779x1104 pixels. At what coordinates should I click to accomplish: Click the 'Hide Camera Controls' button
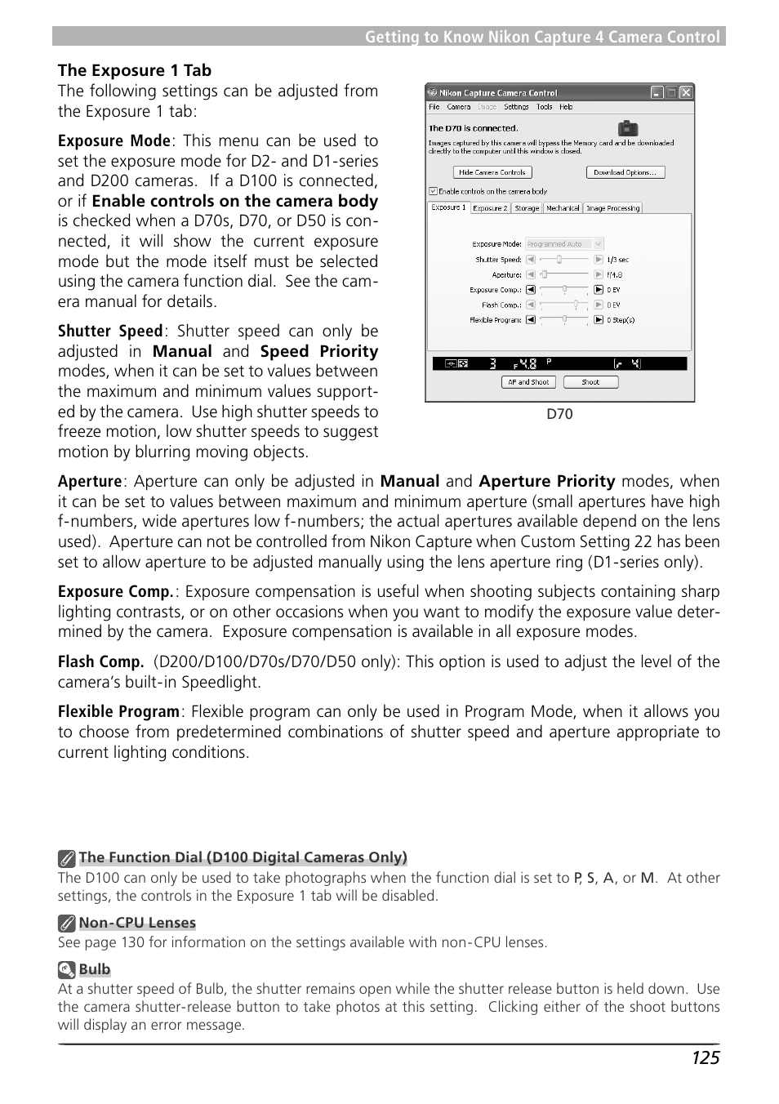coord(492,172)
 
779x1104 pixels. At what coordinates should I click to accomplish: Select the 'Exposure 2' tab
coord(490,208)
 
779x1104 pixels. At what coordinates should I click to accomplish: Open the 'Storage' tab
coord(527,208)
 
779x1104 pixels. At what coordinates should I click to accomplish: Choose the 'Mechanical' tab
coord(563,208)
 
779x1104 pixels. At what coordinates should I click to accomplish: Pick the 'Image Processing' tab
coord(612,208)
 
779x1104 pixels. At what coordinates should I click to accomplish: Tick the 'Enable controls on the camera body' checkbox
coord(434,191)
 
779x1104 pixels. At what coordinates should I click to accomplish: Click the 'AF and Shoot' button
coord(528,382)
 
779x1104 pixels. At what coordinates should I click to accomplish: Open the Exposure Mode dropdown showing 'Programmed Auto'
coord(564,244)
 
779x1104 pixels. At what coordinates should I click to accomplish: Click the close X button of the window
coord(686,93)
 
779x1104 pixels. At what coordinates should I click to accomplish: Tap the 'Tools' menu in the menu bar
coord(544,107)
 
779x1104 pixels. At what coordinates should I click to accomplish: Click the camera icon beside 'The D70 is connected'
coord(627,128)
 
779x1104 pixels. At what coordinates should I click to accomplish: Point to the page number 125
coord(706,1058)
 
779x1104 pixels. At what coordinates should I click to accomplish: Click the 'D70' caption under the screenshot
coord(559,414)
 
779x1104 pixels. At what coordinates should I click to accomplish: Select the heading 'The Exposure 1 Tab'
coord(135,71)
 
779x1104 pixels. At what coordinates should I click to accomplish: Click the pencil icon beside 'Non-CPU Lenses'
coord(67,924)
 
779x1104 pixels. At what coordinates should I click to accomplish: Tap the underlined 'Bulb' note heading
coord(95,969)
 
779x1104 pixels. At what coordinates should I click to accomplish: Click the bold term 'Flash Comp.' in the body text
coord(100,662)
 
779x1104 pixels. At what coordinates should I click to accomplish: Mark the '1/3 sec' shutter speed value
coord(618,260)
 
